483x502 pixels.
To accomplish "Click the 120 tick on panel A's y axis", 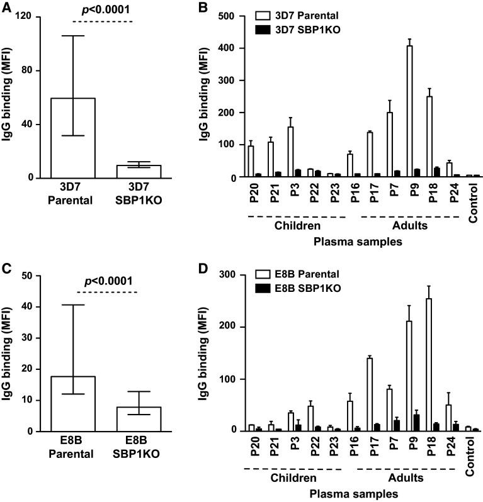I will coord(26,16).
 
